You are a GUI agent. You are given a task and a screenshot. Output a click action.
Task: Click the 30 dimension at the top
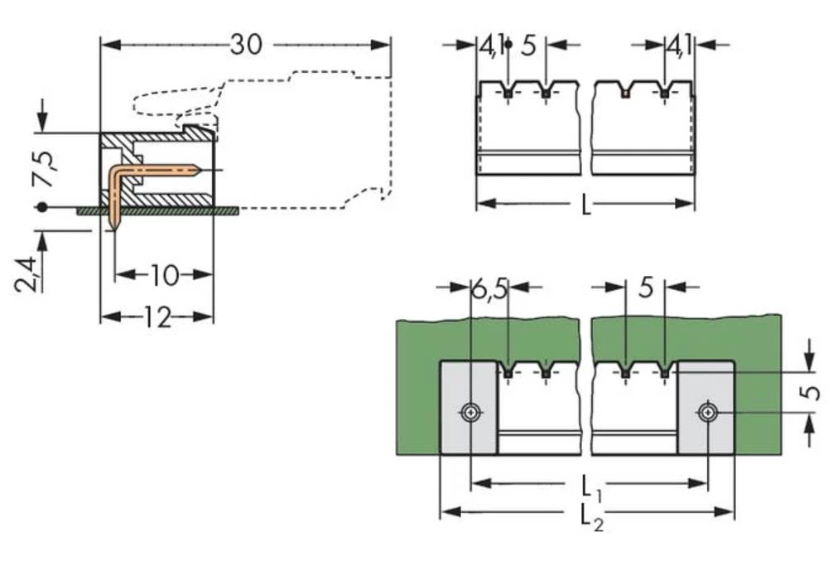coord(245,44)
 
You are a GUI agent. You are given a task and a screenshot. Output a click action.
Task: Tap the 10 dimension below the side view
coord(164,274)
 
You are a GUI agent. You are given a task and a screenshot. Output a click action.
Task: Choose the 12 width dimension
coord(156,317)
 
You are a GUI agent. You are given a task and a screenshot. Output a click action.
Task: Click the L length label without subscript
coord(585,205)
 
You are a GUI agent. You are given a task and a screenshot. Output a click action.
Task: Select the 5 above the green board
coord(646,288)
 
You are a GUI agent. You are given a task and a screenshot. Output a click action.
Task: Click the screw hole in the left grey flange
coord(470,412)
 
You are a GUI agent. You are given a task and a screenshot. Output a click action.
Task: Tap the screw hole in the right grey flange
coord(706,412)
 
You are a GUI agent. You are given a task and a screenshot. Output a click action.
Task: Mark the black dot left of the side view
coord(39,207)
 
